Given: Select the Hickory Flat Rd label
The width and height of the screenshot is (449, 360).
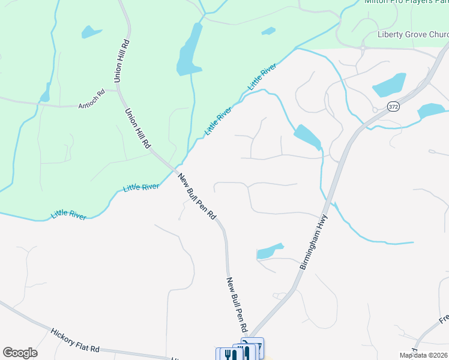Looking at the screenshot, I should [x=75, y=341].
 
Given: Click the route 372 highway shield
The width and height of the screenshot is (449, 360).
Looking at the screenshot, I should [x=393, y=107].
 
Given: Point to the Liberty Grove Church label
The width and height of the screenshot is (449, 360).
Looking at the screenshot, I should [x=412, y=34].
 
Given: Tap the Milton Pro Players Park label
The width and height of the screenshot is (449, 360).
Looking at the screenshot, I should [x=406, y=2].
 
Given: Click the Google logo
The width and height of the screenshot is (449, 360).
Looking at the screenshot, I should [x=20, y=353].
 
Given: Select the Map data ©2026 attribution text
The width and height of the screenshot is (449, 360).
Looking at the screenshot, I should [x=423, y=355].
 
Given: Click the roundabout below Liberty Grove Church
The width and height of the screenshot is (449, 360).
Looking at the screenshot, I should [x=364, y=47].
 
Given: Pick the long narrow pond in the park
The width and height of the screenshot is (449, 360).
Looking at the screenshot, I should [x=189, y=50].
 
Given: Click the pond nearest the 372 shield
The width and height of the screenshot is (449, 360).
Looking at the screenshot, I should [x=431, y=110].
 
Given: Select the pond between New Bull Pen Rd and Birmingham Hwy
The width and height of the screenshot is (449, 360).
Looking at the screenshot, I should [x=270, y=251].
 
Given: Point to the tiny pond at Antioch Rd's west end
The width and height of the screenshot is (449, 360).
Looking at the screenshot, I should [x=45, y=95].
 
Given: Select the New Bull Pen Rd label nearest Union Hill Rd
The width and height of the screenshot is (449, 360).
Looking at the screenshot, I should [x=197, y=196].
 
